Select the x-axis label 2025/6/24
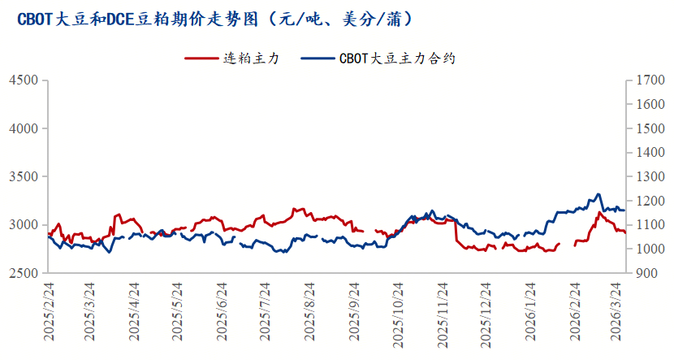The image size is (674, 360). pyautogui.click(x=223, y=314)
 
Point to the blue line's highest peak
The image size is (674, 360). pyautogui.click(x=598, y=194)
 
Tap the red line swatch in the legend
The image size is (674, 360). pyautogui.click(x=203, y=59)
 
